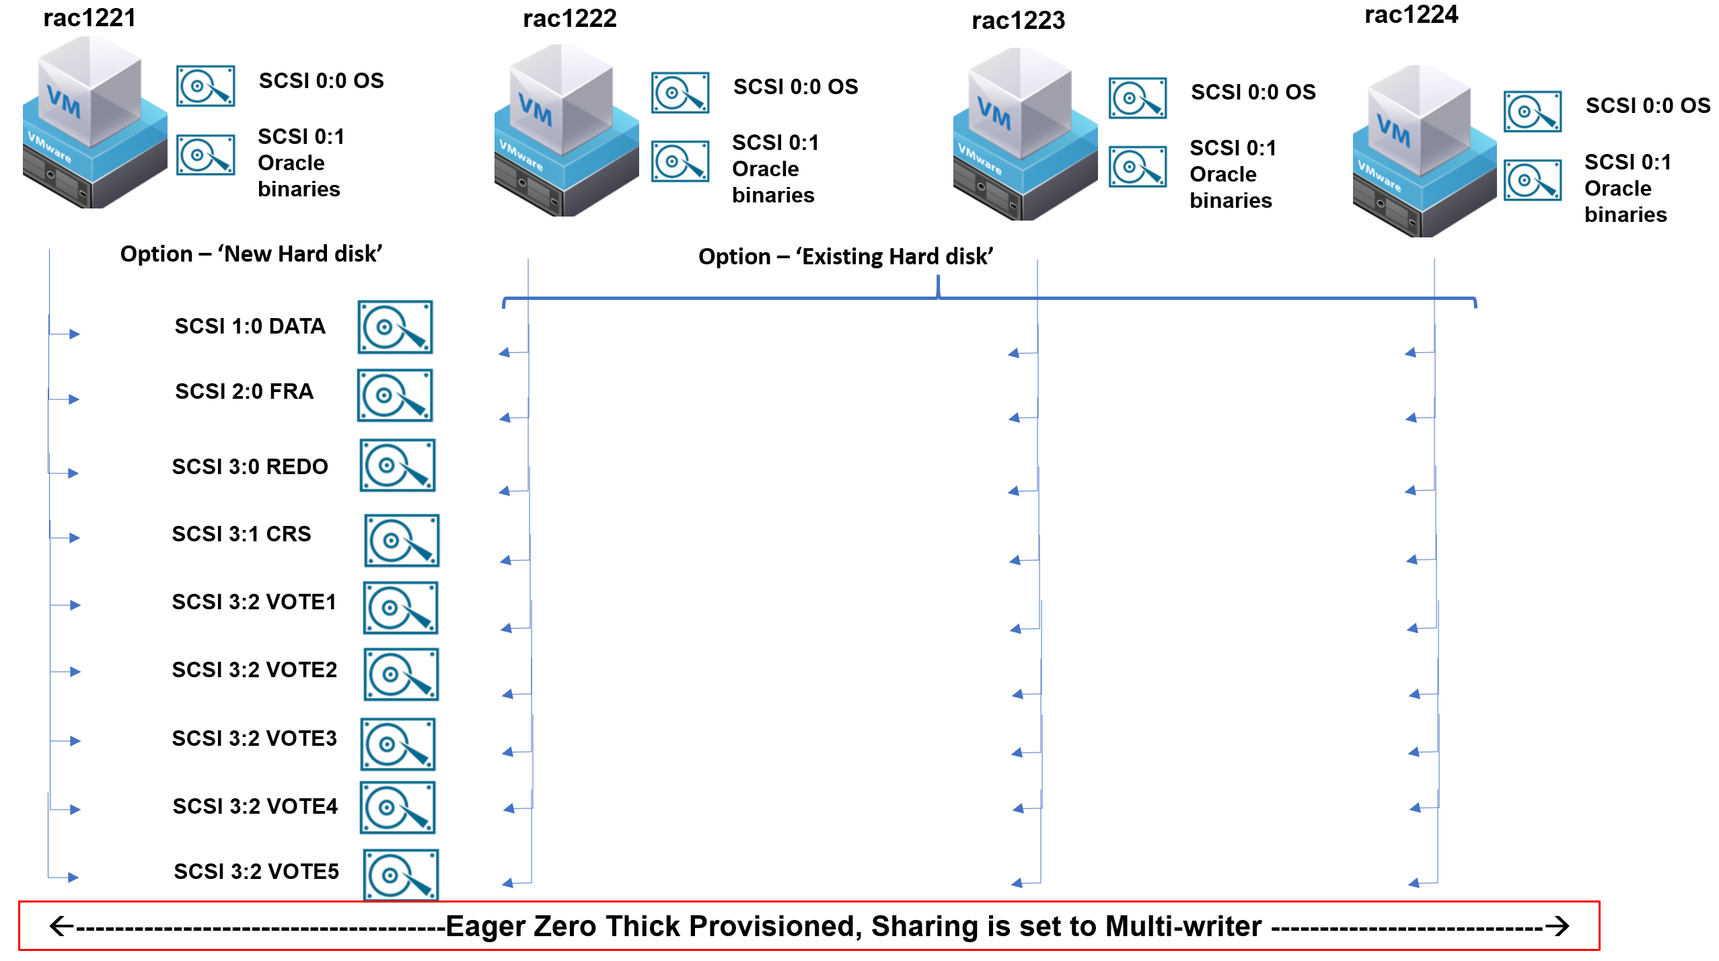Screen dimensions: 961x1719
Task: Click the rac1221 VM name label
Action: pos(89,18)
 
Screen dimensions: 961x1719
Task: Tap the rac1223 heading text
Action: pos(1018,21)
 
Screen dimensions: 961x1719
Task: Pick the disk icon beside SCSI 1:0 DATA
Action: pos(395,328)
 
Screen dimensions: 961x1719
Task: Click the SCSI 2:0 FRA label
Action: pos(244,391)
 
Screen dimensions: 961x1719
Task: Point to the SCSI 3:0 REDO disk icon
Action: pos(397,465)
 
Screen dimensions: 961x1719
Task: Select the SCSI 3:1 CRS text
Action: pos(242,534)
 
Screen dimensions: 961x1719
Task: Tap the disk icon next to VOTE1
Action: pos(400,608)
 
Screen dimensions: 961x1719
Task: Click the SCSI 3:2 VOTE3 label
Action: pos(254,738)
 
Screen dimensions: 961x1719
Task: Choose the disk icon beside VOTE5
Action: pos(400,874)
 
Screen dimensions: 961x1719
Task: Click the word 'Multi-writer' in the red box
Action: pos(1183,927)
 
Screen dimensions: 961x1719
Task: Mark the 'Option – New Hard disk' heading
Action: pos(251,254)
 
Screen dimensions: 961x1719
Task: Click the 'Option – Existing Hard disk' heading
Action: pos(846,257)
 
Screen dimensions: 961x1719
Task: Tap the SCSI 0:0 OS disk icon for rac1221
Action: pos(205,86)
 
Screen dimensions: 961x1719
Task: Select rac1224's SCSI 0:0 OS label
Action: pos(1648,106)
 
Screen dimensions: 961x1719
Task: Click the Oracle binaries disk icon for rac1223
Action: pos(1137,167)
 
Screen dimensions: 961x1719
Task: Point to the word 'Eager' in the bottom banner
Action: pos(486,927)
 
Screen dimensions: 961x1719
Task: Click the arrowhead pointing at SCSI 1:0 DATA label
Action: pos(75,334)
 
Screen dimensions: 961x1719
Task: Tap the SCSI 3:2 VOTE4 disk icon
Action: pos(397,807)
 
